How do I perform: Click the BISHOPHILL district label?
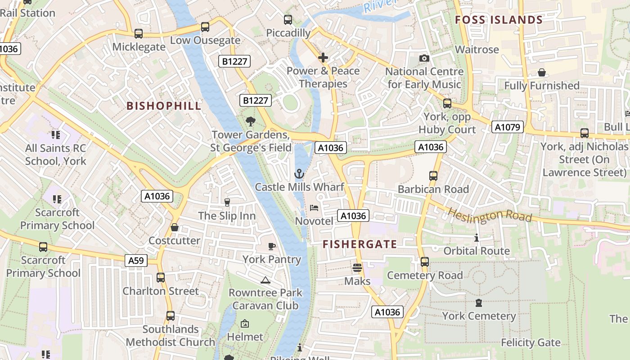tap(164, 106)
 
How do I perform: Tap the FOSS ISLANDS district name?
tap(499, 20)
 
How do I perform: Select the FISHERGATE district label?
tap(360, 244)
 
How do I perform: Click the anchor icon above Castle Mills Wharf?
tap(299, 174)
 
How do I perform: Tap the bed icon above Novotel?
tap(314, 208)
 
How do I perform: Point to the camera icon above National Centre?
tap(424, 58)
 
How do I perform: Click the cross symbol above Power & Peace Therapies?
tap(323, 58)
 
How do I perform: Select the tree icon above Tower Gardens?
tap(250, 121)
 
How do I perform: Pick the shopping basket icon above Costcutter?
tap(175, 227)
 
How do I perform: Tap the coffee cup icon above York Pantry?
tap(271, 246)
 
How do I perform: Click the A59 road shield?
tap(136, 261)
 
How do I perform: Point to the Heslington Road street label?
tap(490, 215)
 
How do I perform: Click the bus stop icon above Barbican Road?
tap(433, 176)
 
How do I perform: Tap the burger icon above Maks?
tap(357, 268)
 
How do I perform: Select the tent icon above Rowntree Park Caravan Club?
tap(265, 280)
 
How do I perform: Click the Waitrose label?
tap(477, 49)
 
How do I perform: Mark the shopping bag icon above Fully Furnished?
tap(542, 72)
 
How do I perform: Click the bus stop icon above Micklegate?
tap(139, 34)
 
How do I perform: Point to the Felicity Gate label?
tap(531, 343)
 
